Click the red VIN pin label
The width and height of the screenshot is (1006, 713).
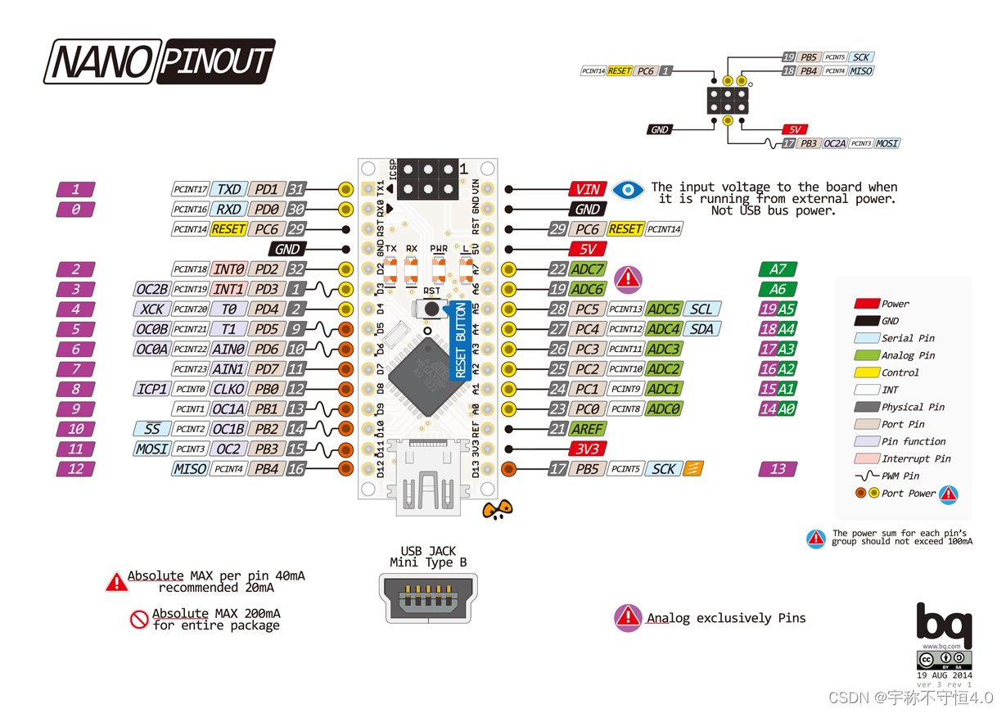[588, 189]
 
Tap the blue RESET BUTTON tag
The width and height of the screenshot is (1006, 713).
[460, 340]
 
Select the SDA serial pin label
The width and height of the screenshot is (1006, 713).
[701, 329]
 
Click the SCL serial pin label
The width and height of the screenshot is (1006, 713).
[701, 309]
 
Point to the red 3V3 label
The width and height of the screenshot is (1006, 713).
[588, 449]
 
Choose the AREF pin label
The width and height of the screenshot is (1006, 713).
[588, 429]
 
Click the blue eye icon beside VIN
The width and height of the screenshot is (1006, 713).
[628, 190]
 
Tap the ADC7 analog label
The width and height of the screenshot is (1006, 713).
[588, 269]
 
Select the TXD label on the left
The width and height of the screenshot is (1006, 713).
[228, 190]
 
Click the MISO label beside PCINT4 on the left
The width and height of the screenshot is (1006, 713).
[189, 469]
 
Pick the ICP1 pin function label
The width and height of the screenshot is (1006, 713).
[151, 389]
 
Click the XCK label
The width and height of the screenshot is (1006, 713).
[151, 309]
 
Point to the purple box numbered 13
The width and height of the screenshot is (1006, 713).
[778, 469]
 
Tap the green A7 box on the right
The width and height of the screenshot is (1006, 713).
[778, 269]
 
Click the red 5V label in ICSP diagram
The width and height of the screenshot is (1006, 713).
[794, 129]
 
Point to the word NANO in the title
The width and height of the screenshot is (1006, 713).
[99, 61]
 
